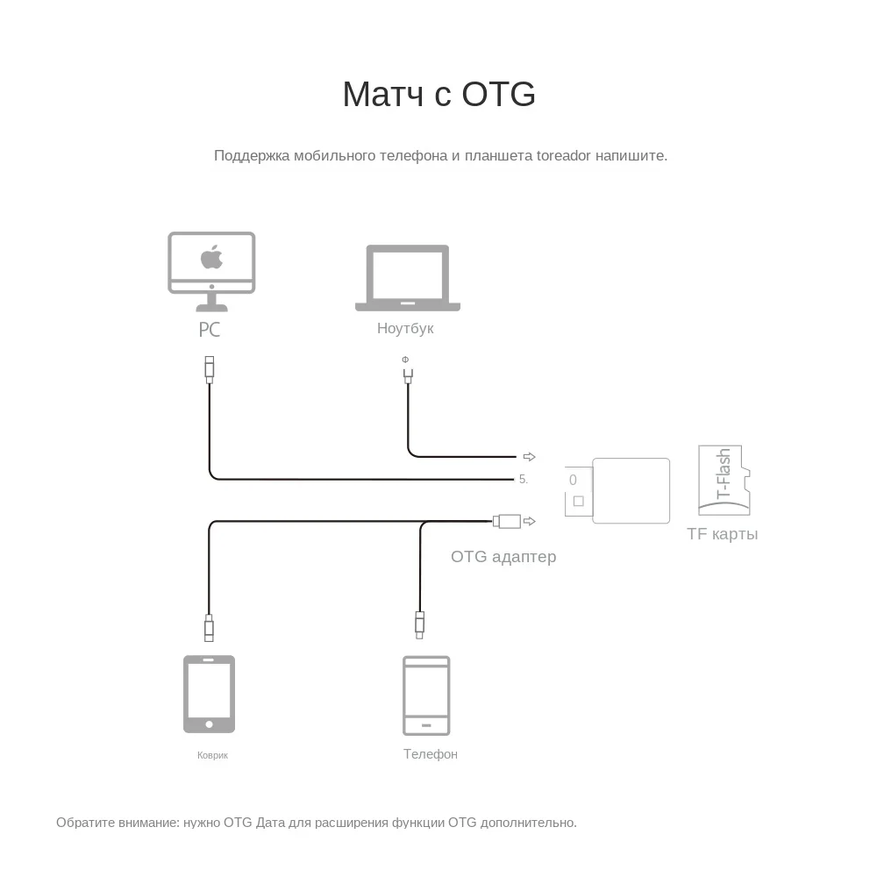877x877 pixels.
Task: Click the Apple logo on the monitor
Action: (211, 258)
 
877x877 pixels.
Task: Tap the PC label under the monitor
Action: (209, 330)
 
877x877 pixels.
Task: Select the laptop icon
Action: (407, 278)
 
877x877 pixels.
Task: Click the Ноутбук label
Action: (405, 329)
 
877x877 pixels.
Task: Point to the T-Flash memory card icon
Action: (724, 480)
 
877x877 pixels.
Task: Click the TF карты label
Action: (723, 534)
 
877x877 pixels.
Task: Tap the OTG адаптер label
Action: (503, 557)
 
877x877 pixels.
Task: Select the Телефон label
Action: (430, 754)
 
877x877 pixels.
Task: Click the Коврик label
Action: (212, 755)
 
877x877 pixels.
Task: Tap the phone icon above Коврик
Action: (209, 694)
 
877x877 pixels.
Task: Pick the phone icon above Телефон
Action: (426, 695)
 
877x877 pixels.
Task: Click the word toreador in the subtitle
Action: (564, 156)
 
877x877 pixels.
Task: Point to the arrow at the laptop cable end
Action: (529, 457)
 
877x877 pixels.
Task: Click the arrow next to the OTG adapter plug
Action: (529, 522)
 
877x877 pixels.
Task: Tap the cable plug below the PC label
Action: (209, 368)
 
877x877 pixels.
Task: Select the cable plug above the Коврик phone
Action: (209, 628)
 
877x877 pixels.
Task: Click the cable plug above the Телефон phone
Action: (420, 624)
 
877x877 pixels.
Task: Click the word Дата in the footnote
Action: (271, 823)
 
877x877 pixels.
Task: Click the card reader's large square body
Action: (631, 491)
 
